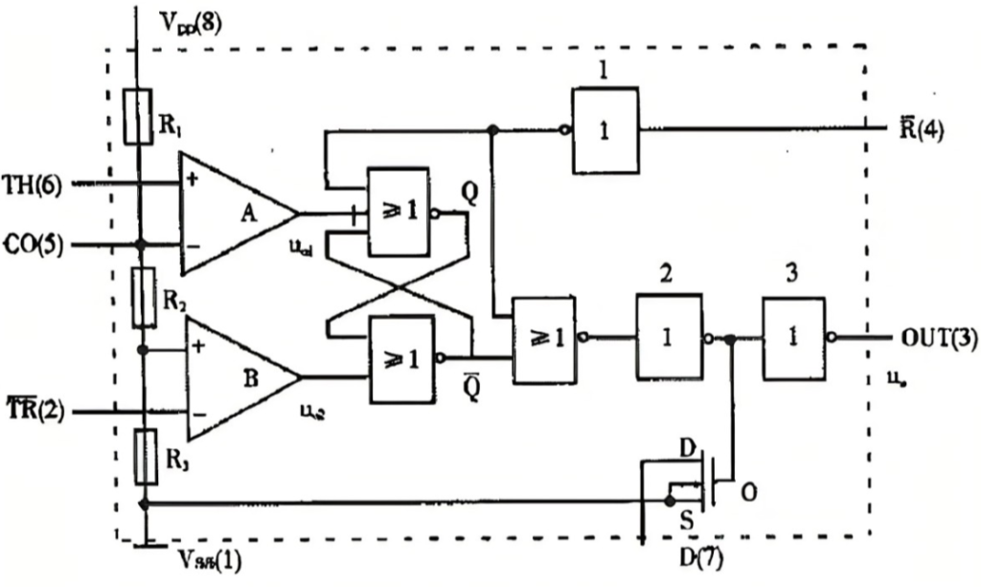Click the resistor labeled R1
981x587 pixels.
coord(139,116)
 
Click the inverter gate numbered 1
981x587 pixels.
coord(605,131)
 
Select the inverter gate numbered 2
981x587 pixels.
coord(669,337)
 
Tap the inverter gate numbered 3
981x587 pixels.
coord(794,337)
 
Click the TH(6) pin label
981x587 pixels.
coord(32,185)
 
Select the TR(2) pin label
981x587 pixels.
coord(33,413)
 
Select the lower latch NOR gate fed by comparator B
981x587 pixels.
coord(400,358)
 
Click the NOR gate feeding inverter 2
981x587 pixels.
coord(543,339)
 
